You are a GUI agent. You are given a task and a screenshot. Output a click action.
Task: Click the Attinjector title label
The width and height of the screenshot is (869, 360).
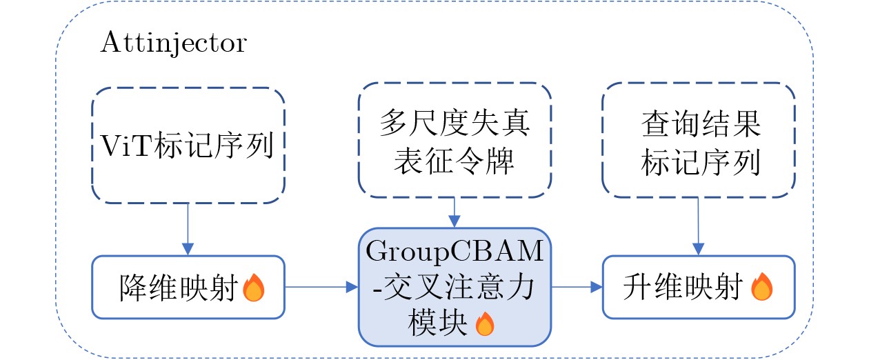173,44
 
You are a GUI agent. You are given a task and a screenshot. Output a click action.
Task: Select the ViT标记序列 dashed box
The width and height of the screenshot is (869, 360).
188,146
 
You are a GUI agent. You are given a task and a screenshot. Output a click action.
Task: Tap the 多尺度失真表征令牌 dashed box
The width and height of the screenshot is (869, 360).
455,141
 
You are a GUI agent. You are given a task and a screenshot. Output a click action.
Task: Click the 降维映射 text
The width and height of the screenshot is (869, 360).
179,288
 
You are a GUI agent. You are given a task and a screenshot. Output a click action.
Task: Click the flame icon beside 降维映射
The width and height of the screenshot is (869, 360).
253,288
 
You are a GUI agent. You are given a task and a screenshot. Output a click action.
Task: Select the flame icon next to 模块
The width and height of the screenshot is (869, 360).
486,323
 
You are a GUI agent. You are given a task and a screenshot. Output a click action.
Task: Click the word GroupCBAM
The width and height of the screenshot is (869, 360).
455,251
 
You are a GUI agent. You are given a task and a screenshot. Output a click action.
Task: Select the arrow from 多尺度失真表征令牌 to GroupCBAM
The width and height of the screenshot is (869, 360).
455,212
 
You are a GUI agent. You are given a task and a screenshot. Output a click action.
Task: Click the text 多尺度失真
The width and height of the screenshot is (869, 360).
455,125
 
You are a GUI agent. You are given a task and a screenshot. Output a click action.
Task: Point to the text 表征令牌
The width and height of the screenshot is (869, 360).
455,161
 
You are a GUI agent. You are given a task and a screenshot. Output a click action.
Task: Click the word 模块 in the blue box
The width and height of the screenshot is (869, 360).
430,323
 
